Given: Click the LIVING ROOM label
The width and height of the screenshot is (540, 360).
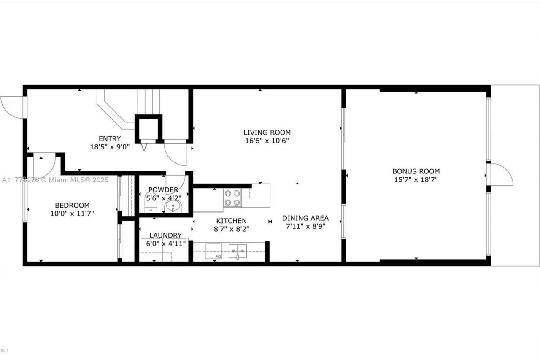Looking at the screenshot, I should point(267,133).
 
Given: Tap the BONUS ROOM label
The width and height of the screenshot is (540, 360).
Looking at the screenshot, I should point(416,171).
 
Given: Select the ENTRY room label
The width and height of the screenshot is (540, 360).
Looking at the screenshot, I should point(110,138).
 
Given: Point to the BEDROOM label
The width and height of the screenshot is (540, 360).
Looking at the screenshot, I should point(72,205).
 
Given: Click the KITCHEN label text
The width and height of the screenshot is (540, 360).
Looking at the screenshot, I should point(231,221).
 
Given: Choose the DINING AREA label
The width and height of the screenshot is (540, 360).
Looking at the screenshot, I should point(305,218).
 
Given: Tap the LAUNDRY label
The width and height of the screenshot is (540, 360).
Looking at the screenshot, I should point(165,235).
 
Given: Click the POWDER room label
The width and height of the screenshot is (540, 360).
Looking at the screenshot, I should point(163,190).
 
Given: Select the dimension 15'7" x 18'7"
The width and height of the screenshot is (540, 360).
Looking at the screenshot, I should point(416,180).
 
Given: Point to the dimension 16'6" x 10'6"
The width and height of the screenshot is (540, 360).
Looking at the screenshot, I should point(267,141).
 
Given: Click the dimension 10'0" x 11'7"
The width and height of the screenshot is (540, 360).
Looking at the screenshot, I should point(72,214).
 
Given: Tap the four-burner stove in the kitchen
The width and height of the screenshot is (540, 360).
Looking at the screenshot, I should point(232,198).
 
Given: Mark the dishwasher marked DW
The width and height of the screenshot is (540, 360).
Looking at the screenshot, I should point(213,251).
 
